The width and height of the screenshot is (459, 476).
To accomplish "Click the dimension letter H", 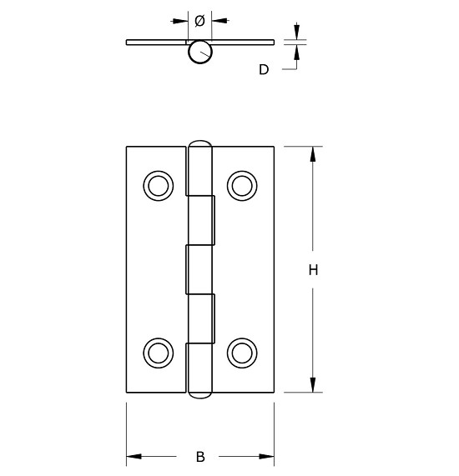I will click(313, 270).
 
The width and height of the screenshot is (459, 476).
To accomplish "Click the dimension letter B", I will click(200, 457).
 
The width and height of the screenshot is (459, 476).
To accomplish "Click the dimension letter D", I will click(264, 70).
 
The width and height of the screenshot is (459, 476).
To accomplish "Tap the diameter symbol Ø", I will click(199, 20).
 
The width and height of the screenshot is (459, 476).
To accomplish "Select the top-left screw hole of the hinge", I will click(157, 185).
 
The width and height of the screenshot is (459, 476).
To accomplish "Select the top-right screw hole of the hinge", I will click(241, 185).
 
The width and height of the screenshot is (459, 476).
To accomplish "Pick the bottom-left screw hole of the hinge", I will click(157, 352).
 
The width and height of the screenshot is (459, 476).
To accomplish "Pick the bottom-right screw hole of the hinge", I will click(241, 352).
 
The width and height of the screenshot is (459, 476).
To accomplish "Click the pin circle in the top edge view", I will click(199, 52).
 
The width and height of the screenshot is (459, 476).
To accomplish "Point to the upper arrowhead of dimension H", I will click(313, 154).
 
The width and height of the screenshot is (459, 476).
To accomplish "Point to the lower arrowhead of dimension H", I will click(313, 384).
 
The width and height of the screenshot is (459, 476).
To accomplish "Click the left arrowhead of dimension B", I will click(134, 457).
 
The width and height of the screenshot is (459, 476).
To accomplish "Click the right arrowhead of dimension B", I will click(267, 457).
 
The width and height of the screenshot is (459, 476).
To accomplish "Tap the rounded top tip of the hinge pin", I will click(199, 144).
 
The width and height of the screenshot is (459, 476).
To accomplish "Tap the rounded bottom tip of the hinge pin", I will click(199, 394).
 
